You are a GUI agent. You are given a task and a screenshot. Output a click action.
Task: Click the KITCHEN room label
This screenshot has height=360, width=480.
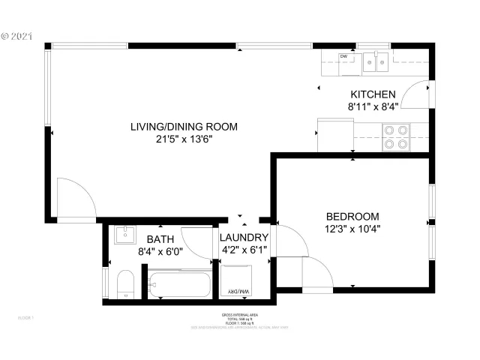point(373,94)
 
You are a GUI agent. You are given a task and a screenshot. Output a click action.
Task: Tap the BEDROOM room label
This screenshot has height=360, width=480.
point(352,215)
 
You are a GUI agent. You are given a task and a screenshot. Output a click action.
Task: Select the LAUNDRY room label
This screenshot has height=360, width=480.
point(244,238)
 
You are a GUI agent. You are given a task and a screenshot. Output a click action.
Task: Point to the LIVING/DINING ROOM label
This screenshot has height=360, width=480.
point(184,127)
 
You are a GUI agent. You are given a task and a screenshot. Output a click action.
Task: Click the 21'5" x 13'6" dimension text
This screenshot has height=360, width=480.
point(184,139)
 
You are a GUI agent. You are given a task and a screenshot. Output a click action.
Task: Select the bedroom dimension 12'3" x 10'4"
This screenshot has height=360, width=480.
point(352,229)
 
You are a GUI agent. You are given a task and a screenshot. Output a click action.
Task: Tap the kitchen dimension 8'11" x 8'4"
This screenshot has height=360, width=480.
point(372,107)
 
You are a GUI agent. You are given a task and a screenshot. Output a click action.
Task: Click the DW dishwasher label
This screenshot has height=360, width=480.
point(343,56)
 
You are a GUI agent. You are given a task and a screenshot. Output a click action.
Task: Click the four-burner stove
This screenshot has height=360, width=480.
point(395,136)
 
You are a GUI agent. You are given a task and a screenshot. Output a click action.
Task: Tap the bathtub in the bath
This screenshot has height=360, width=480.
point(179,286)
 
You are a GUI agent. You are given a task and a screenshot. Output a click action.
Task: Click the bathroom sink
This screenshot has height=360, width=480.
point(124,235)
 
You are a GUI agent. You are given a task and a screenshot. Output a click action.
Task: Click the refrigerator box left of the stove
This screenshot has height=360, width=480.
point(334,135)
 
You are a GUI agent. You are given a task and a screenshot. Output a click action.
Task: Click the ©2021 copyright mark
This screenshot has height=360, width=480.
point(16,35)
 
